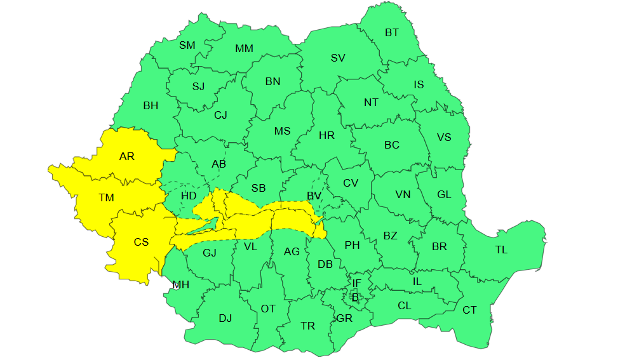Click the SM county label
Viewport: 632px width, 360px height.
click(x=187, y=45)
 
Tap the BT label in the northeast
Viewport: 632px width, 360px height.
click(x=392, y=32)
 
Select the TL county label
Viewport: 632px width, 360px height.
click(x=501, y=250)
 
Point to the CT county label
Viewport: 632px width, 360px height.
click(x=469, y=310)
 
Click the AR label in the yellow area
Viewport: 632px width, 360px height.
click(x=127, y=156)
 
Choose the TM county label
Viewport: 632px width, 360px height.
click(x=106, y=197)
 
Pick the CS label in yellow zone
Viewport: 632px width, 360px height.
click(x=141, y=242)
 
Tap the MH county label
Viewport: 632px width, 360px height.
click(x=182, y=284)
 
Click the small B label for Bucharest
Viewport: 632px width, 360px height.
click(x=355, y=297)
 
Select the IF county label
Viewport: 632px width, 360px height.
click(x=356, y=283)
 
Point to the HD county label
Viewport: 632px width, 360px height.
click(x=189, y=196)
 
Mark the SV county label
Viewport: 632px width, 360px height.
click(x=338, y=58)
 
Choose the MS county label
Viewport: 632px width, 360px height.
click(x=282, y=131)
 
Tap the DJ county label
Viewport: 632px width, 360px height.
click(x=225, y=318)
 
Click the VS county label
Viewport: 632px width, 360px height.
click(x=444, y=137)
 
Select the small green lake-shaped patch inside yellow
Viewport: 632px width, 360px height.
click(x=205, y=225)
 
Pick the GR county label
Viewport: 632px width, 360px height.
click(x=344, y=318)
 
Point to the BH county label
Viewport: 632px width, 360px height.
click(x=151, y=105)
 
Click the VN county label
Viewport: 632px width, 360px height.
click(x=403, y=194)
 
